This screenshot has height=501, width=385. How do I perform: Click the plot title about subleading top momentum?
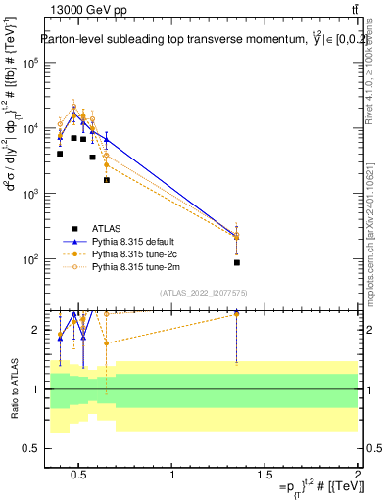196,40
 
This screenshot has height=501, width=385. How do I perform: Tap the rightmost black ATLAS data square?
237,262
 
